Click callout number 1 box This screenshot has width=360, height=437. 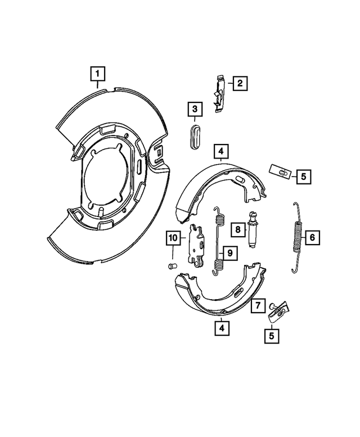[x=98, y=73]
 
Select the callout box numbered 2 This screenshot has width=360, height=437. [x=239, y=84]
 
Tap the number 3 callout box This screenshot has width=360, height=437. [x=194, y=109]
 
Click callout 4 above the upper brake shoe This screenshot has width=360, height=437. [x=221, y=151]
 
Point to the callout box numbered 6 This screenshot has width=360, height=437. [x=312, y=237]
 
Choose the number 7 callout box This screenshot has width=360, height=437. [x=257, y=307]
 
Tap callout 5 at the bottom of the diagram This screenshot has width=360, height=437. [x=272, y=336]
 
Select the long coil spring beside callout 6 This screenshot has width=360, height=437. [x=298, y=237]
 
